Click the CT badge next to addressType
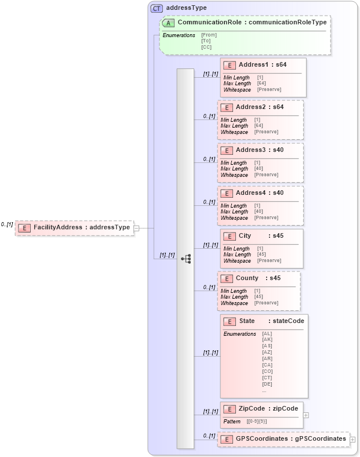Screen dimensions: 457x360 [x=157, y=8]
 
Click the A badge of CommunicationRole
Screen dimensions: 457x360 [x=169, y=23]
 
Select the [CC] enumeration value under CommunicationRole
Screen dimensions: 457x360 [x=206, y=48]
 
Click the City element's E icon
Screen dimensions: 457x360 [x=229, y=236]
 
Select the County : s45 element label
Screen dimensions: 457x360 [x=258, y=278]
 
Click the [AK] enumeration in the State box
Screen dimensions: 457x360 [x=267, y=339]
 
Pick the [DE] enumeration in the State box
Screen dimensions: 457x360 [x=267, y=384]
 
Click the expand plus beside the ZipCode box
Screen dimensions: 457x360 [x=306, y=415]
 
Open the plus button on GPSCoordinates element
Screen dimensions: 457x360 [x=352, y=440]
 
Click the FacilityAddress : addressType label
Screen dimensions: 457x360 [x=81, y=227]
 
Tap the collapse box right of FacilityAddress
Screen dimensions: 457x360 [x=137, y=228]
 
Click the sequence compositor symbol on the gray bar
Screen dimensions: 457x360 [x=186, y=259]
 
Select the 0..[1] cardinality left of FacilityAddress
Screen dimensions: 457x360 [x=7, y=224]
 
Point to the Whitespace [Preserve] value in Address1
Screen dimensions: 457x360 [x=269, y=90]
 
